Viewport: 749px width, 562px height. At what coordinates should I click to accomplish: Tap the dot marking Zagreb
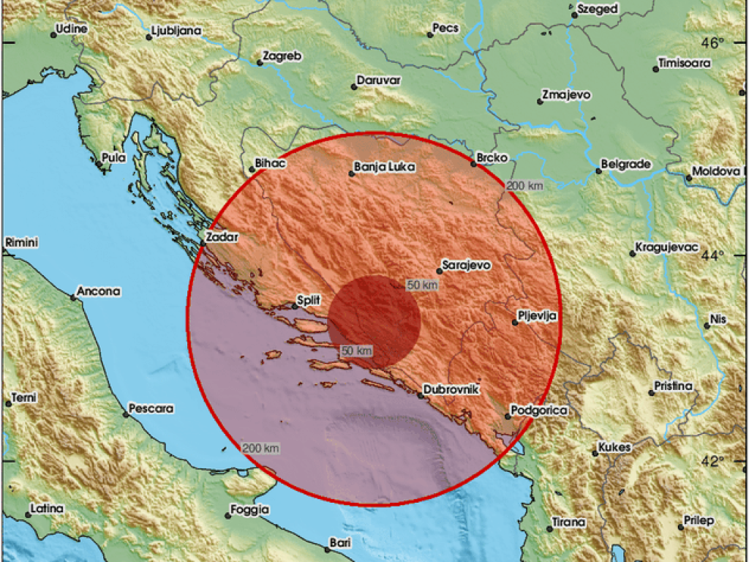click(260, 63)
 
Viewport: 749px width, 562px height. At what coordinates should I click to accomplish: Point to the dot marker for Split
click(295, 307)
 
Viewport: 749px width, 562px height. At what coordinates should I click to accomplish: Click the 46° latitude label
click(712, 42)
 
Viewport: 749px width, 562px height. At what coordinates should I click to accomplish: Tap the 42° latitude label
click(712, 461)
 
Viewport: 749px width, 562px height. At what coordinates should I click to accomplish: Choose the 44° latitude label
click(712, 255)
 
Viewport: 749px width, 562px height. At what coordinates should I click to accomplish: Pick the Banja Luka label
click(384, 168)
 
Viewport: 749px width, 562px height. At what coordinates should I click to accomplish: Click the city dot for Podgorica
click(507, 416)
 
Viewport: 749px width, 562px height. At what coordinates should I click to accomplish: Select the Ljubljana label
click(176, 32)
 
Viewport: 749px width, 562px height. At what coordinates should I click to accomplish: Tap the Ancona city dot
click(73, 297)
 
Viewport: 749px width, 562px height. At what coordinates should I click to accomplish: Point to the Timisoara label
click(686, 63)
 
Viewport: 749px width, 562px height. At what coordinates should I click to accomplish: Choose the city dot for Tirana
click(549, 528)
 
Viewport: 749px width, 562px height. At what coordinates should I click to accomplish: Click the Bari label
click(340, 542)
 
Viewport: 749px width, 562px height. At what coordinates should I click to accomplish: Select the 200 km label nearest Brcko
click(525, 187)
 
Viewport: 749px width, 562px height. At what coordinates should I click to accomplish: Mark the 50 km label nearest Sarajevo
click(422, 285)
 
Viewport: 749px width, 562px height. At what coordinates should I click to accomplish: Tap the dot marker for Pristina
click(651, 393)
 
